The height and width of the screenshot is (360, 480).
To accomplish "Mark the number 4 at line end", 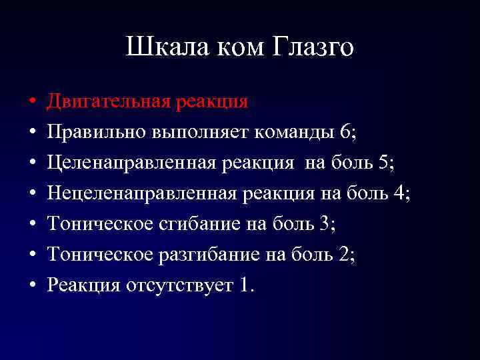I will click(399, 193).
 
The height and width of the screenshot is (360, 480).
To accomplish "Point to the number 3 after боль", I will click(325, 224).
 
